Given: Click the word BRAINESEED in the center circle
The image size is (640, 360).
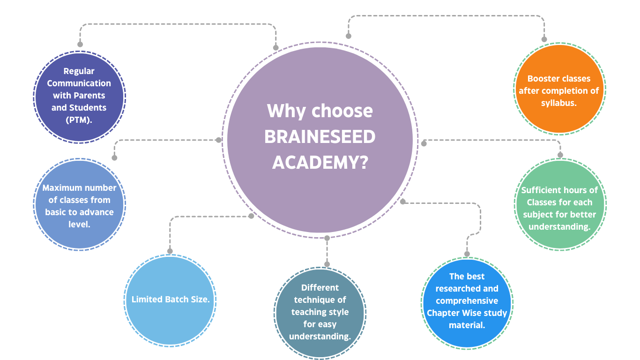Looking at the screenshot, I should [320, 137].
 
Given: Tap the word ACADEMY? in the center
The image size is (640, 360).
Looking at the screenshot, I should [320, 163].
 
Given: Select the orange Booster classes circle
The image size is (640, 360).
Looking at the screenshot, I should [559, 89].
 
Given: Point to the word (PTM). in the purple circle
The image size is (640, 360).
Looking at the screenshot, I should [79, 120].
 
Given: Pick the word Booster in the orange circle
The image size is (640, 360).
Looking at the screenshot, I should [542, 79].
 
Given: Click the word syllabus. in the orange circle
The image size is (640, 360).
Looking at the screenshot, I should [558, 103].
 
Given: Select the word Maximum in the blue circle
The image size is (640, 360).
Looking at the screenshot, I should [60, 188].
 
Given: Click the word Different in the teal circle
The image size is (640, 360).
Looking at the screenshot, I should [320, 288].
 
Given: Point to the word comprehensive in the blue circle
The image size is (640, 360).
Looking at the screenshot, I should [467, 301].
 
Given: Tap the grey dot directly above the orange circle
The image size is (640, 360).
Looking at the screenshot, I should [544, 40].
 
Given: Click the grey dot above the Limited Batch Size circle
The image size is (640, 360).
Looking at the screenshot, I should [170, 251].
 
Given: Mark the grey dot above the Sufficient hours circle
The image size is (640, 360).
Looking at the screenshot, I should [560, 155].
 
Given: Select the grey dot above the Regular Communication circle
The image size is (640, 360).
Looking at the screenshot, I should [80, 44].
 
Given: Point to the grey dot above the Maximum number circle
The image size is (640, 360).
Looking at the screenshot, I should [114, 157].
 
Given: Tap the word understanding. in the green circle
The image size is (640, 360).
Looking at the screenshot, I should [559, 227].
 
